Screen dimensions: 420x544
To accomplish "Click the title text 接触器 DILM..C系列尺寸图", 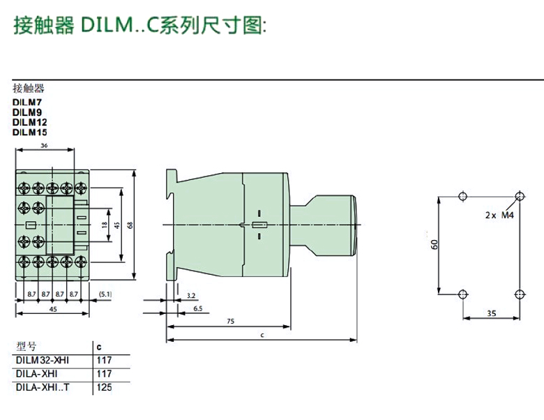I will [140, 26].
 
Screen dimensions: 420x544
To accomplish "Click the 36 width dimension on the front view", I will [45, 145].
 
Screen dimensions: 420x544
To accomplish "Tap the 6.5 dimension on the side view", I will [197, 308].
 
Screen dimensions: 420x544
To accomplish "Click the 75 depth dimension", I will [229, 322].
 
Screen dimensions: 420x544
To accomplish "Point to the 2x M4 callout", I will [499, 216].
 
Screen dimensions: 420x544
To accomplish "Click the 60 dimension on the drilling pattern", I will [433, 245].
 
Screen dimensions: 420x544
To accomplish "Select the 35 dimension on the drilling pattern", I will [491, 315].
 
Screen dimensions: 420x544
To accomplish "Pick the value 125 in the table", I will [104, 387].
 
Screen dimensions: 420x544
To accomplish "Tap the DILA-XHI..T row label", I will [43, 387].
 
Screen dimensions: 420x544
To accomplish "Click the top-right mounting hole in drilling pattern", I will [517, 195].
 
